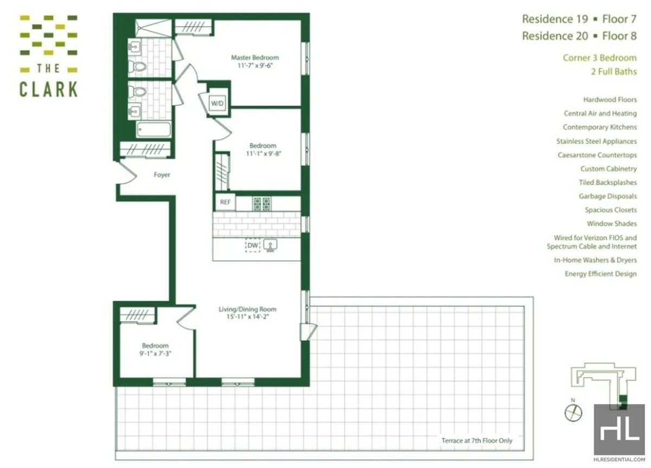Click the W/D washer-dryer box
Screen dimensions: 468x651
[217, 102]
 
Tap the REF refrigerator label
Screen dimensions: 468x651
[225, 203]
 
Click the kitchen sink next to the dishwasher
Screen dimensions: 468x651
[271, 246]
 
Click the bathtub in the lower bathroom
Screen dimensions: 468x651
[154, 130]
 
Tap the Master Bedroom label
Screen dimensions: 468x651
[255, 58]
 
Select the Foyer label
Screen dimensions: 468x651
[162, 175]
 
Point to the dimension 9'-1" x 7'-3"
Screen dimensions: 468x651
[155, 354]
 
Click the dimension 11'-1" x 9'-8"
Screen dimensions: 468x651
[263, 153]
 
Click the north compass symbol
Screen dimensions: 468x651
[573, 413]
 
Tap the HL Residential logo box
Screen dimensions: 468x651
[619, 428]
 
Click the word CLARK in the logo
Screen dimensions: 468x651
[48, 89]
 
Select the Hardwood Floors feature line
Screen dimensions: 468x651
[610, 100]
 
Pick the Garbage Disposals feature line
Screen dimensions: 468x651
[608, 196]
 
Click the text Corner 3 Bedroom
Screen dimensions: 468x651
[599, 58]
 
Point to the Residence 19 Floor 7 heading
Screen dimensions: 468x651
[579, 20]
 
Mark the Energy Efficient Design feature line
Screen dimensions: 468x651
[601, 274]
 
